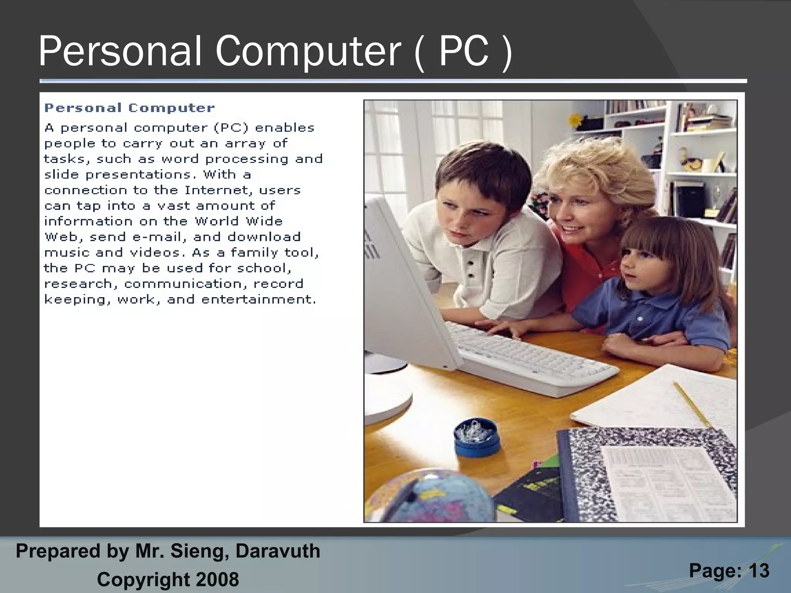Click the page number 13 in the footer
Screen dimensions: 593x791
[759, 570]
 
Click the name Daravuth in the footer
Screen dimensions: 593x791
[278, 551]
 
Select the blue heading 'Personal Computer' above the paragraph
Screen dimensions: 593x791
[129, 108]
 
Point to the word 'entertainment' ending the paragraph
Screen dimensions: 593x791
[259, 300]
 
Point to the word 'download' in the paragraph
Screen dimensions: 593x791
[264, 237]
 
